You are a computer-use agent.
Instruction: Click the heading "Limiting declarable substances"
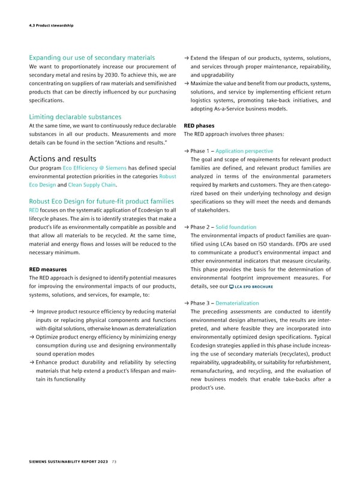tap(75, 116)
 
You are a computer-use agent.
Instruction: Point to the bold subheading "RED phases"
tap(198, 126)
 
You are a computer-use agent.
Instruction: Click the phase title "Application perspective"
tap(244, 151)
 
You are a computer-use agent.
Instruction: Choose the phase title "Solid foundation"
tap(236, 227)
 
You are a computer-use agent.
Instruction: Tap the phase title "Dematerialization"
tap(239, 303)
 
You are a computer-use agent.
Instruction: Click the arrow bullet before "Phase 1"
tap(186, 151)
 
